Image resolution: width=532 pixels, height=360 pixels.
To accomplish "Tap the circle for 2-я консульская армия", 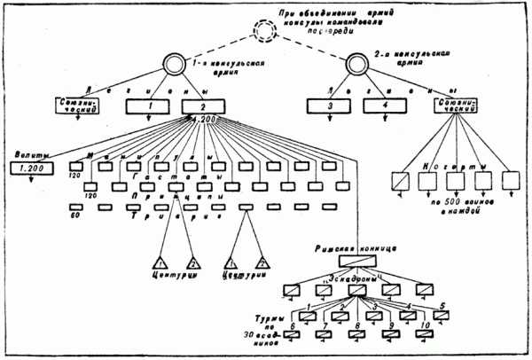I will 357,66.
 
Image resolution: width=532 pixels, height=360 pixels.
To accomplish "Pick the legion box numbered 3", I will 332,108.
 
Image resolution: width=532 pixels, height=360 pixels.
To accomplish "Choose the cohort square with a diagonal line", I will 401,181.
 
